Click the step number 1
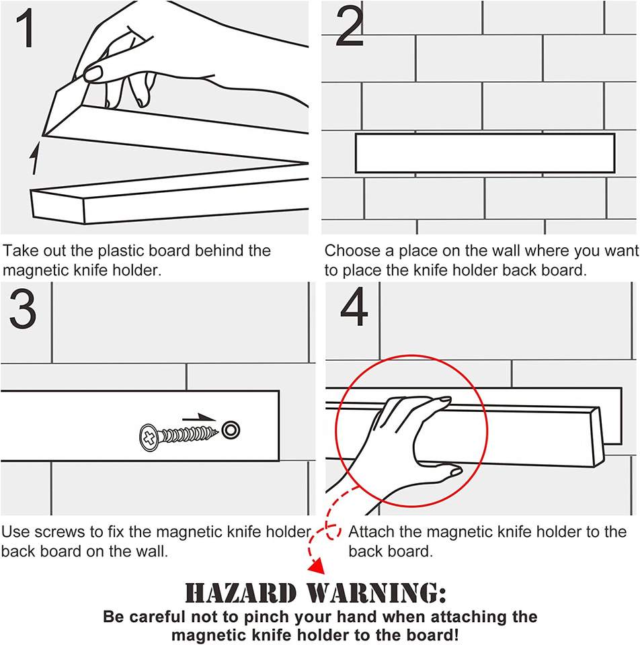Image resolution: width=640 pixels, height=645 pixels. click(26, 28)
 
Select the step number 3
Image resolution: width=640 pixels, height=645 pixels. click(23, 308)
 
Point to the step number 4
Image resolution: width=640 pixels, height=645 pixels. click(354, 307)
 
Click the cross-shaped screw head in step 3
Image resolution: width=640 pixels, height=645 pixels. click(149, 437)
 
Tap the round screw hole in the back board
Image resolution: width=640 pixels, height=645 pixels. click(231, 430)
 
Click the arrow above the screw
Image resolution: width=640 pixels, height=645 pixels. click(199, 417)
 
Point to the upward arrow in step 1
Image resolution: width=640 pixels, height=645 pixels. click(36, 158)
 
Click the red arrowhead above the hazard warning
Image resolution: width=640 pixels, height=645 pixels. click(316, 567)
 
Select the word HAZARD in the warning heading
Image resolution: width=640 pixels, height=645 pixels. click(241, 593)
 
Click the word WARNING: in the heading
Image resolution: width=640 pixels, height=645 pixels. click(376, 593)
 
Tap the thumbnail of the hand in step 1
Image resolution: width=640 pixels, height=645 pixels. click(93, 74)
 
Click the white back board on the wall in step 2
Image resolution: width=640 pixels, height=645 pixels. click(485, 153)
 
